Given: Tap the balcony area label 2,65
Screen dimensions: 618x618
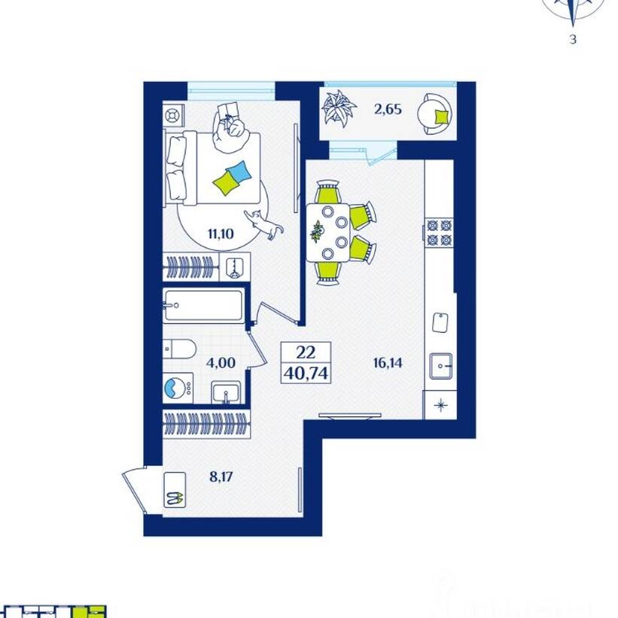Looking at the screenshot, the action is [x=388, y=109].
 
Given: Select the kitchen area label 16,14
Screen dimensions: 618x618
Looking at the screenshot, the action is [x=388, y=363].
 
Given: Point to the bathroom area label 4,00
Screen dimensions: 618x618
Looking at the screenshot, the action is [x=221, y=363].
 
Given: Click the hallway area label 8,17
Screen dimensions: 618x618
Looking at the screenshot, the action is [x=221, y=477].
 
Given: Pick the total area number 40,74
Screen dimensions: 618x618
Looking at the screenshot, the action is [x=306, y=373].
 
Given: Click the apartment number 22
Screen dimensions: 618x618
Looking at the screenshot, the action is [x=306, y=352].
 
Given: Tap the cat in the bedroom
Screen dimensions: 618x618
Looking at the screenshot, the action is [x=263, y=224].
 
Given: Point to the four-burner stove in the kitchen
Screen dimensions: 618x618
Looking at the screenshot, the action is [x=440, y=233].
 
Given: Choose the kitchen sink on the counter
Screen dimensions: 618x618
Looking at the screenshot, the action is [x=440, y=366].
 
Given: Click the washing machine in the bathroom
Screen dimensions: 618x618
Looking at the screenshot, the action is [x=178, y=388].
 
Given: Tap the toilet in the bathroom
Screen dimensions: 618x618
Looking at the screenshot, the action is [x=179, y=349].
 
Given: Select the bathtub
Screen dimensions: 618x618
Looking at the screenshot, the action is [x=203, y=305].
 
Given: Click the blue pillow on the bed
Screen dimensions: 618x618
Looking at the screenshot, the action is [x=239, y=172].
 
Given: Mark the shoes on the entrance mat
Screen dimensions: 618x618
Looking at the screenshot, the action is [x=174, y=498].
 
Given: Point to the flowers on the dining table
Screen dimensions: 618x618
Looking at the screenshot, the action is [x=317, y=231].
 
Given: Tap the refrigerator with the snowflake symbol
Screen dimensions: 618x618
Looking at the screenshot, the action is [x=440, y=405].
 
